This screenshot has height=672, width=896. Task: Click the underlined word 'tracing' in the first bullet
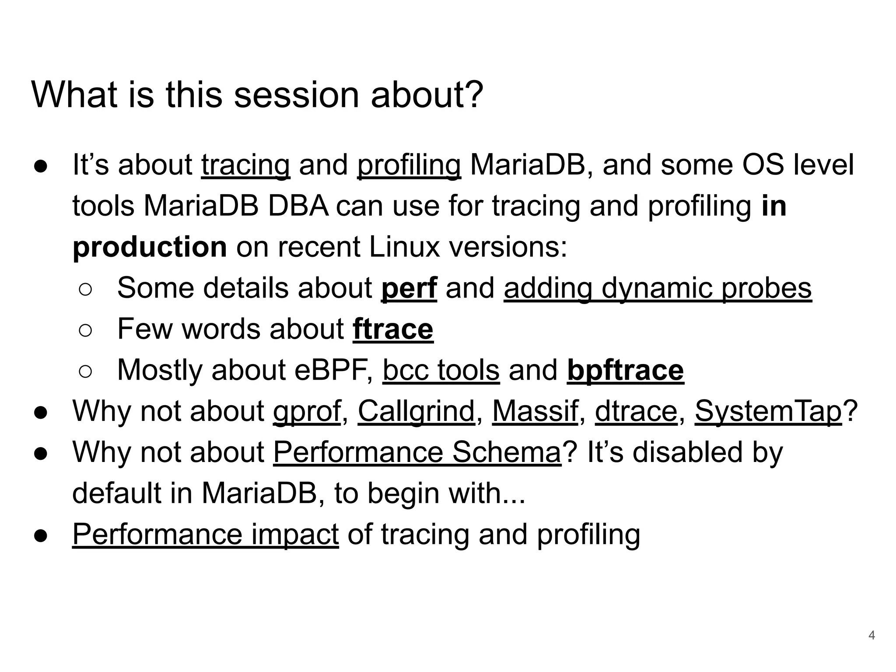(245, 165)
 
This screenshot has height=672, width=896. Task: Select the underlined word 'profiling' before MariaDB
(409, 165)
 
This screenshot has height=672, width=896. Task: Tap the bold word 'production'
(150, 247)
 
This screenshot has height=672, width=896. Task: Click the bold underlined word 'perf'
(409, 288)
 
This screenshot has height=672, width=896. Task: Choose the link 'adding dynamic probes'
(658, 288)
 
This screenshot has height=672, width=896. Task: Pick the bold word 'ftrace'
(393, 329)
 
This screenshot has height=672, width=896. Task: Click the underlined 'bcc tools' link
(441, 370)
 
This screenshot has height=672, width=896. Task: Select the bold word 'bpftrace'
(625, 370)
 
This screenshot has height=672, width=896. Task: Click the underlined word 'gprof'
(307, 411)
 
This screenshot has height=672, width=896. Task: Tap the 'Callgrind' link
(416, 411)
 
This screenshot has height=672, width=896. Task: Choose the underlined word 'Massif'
(535, 411)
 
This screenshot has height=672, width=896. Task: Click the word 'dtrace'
(636, 411)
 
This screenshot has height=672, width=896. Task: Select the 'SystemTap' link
(768, 411)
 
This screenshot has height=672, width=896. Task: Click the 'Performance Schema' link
(417, 452)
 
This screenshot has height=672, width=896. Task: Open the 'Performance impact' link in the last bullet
(205, 534)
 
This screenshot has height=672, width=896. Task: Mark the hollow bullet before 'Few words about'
(85, 330)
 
